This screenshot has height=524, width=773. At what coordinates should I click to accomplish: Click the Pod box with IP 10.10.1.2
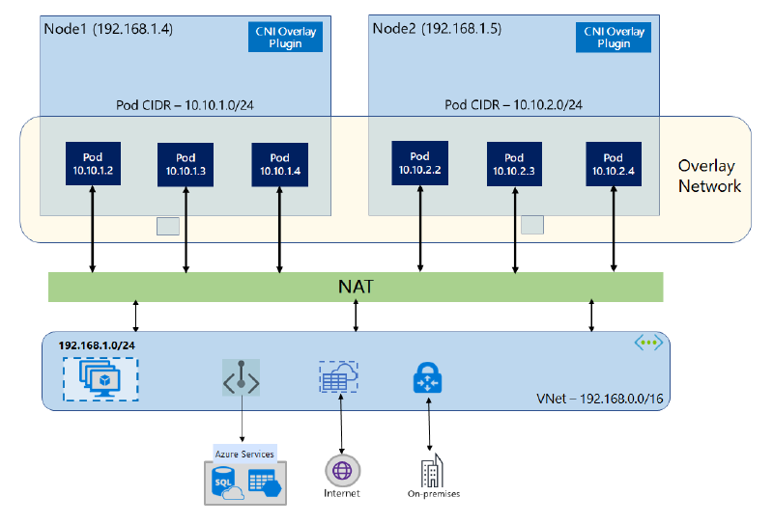(x=92, y=164)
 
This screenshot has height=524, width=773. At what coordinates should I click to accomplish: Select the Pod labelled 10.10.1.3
(x=186, y=164)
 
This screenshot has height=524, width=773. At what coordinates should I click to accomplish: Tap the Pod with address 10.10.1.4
(x=279, y=164)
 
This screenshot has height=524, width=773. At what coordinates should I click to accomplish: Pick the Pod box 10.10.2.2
(x=419, y=163)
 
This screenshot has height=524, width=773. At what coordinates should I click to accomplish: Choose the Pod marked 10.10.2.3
(x=514, y=164)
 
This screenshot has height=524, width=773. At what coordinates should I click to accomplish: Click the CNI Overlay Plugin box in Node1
(x=287, y=38)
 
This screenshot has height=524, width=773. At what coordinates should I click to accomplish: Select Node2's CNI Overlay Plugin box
(x=614, y=38)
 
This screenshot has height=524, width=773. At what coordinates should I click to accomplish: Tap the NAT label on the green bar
(x=356, y=287)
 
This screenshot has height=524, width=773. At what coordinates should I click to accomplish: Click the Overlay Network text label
(x=709, y=175)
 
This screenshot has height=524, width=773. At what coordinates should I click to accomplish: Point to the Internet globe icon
(x=342, y=470)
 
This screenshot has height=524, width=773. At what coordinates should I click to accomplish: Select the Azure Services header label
(x=243, y=453)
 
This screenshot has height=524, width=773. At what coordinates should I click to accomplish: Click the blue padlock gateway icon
(x=427, y=378)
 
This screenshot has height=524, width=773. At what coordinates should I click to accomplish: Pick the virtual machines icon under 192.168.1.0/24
(x=100, y=377)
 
